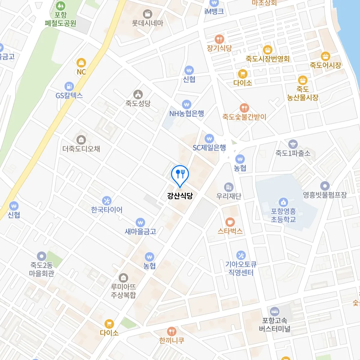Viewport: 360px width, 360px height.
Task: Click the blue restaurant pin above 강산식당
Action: (x=180, y=174)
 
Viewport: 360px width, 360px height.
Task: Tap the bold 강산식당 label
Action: (x=180, y=196)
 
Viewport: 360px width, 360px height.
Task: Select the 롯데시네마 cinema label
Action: (x=147, y=23)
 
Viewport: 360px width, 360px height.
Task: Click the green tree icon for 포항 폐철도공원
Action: (x=61, y=6)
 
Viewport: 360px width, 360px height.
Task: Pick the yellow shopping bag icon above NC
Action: (x=81, y=63)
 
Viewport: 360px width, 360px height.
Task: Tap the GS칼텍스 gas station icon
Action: (x=69, y=86)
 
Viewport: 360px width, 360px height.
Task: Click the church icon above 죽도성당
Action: (x=138, y=94)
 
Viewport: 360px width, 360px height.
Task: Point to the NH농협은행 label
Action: (x=187, y=114)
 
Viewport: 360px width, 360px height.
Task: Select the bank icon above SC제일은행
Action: (x=209, y=139)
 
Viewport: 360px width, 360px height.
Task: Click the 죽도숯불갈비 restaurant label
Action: (x=244, y=117)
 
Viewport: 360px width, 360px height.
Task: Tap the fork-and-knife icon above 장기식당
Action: (x=219, y=39)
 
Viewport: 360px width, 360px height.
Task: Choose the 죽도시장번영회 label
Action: (x=268, y=59)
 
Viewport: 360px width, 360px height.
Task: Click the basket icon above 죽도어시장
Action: (x=325, y=56)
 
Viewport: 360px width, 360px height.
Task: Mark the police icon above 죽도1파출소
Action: (x=293, y=144)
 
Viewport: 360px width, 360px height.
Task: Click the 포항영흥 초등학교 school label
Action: (x=283, y=215)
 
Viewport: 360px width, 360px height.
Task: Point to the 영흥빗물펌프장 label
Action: (x=325, y=195)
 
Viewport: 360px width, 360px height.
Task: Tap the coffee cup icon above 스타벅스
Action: (x=230, y=222)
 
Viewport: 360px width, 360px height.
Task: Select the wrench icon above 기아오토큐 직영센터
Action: (x=241, y=255)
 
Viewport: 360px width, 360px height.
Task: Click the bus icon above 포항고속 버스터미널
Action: (x=274, y=311)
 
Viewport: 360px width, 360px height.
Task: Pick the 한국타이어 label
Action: (x=107, y=210)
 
